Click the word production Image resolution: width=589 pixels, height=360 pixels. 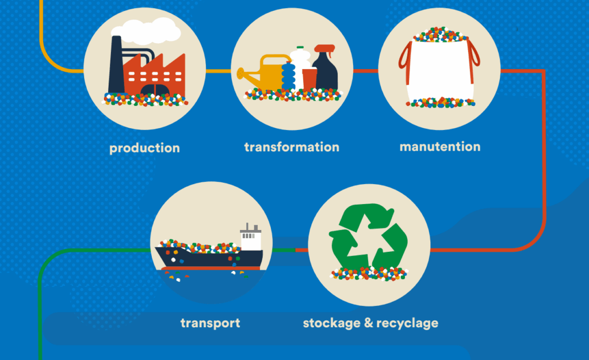(144, 148)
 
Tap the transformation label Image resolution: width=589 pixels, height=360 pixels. (292, 147)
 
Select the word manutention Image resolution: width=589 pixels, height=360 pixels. (440, 147)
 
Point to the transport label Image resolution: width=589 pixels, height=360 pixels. (210, 323)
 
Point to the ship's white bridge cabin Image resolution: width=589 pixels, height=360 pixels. (251, 236)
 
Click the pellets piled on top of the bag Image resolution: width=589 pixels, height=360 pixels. (440, 34)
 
